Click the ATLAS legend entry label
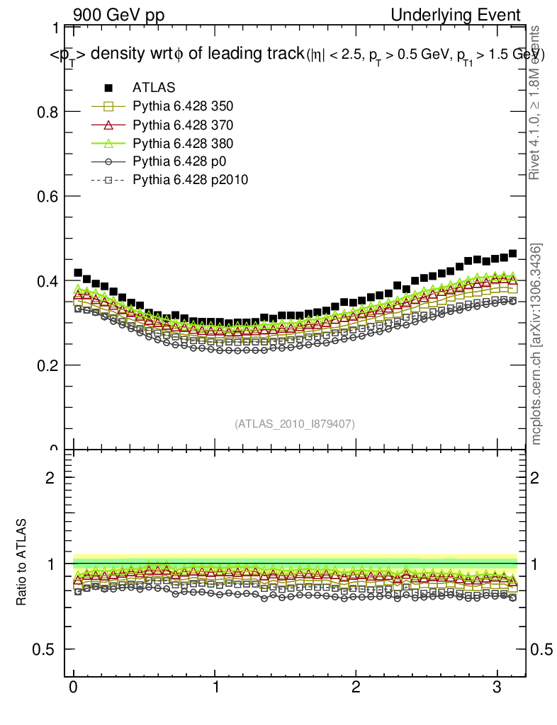(x=154, y=88)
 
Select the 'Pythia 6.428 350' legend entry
(x=183, y=106)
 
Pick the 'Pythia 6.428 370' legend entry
(x=183, y=125)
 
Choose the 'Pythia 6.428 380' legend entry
(x=183, y=143)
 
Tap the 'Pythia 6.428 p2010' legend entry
(x=190, y=180)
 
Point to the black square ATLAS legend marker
(x=108, y=88)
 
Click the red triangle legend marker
(x=108, y=125)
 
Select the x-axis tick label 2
(x=356, y=687)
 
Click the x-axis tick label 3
(x=497, y=687)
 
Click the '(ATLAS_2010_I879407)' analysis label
(x=295, y=423)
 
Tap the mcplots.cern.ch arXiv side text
(x=536, y=344)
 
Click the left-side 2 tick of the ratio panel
(x=50, y=477)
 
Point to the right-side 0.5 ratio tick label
(x=542, y=649)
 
